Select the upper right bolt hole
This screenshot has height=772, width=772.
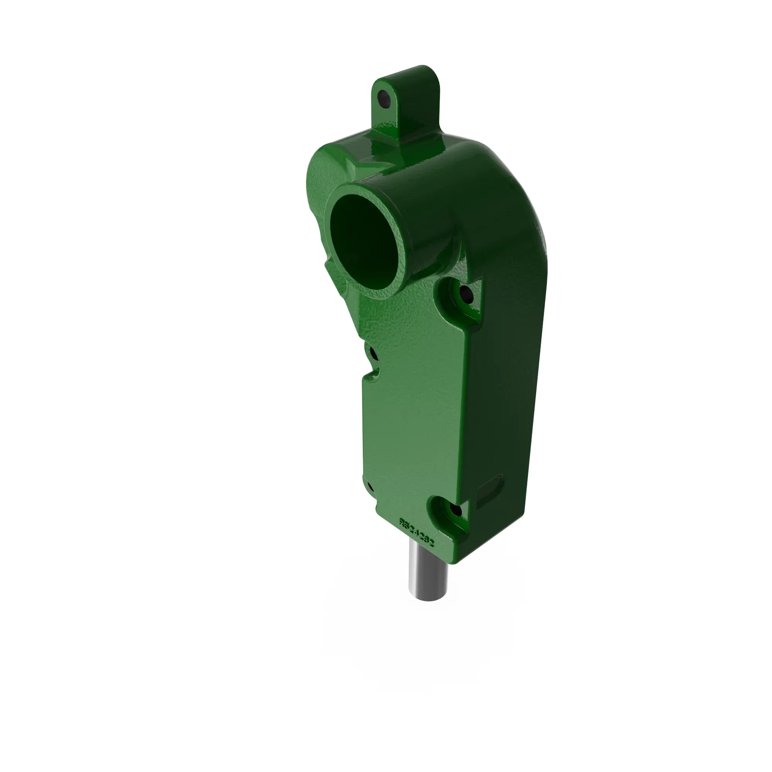466,295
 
